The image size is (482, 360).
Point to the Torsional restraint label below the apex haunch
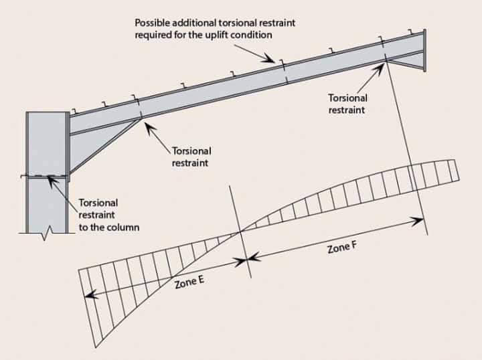click(x=347, y=103)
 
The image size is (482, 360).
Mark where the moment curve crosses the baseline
click(x=240, y=232)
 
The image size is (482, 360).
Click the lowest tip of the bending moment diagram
click(x=96, y=347)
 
